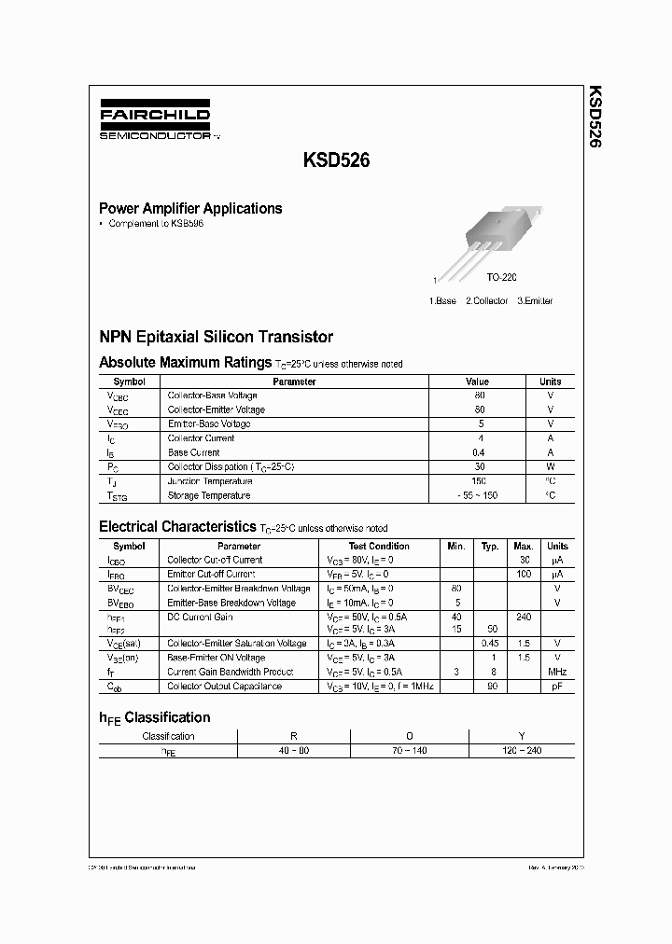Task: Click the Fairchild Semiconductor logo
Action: point(156,122)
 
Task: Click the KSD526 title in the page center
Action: point(336,160)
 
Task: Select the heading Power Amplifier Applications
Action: point(190,209)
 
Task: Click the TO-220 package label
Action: point(501,278)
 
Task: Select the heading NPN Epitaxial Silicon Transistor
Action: point(216,337)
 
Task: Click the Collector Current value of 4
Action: point(480,438)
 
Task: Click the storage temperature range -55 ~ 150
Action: point(478,496)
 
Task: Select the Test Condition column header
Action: point(379,546)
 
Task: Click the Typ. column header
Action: point(490,546)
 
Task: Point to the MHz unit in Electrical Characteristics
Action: point(557,672)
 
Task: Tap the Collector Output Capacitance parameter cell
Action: point(223,687)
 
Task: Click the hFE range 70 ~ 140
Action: point(408,751)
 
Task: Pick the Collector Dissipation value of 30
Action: point(479,466)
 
